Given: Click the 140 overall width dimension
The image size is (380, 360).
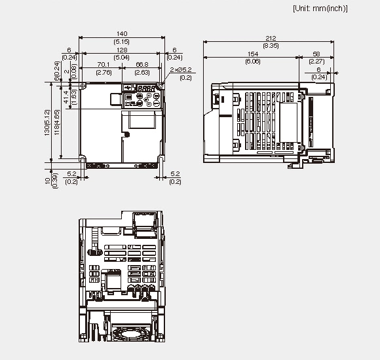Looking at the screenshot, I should click(x=122, y=33).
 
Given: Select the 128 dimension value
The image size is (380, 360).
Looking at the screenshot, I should click(x=122, y=50).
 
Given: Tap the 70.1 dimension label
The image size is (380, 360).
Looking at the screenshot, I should click(x=102, y=65).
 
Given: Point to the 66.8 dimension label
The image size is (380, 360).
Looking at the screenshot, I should click(x=143, y=65).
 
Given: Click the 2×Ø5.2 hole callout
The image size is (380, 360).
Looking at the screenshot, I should click(x=181, y=69).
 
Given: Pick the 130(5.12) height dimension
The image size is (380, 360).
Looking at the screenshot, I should click(x=47, y=122).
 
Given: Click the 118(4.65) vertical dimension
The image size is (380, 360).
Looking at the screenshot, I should click(x=56, y=122).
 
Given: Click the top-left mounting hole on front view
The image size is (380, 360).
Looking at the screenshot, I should click(x=83, y=86).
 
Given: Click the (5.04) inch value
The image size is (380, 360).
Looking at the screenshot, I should click(x=122, y=57).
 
